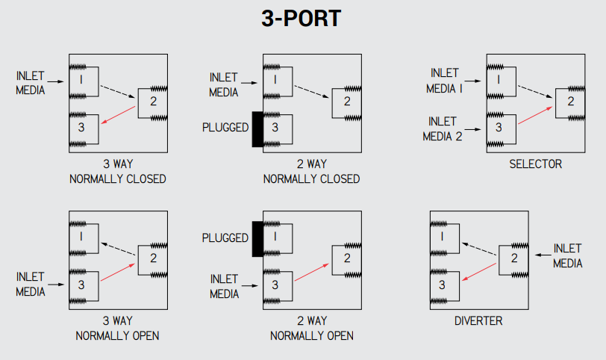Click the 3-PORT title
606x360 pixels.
click(302, 18)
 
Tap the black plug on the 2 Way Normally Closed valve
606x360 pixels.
click(257, 128)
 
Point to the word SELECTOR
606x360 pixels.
click(535, 164)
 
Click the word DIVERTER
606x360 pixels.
click(478, 321)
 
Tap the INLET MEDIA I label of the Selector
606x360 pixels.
click(446, 80)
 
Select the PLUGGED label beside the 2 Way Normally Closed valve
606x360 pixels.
click(225, 128)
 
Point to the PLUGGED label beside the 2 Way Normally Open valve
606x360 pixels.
click(225, 238)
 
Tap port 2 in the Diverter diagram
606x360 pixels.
click(513, 258)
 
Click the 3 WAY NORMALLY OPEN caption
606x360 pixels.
click(117, 328)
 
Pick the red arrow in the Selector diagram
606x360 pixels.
click(536, 117)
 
